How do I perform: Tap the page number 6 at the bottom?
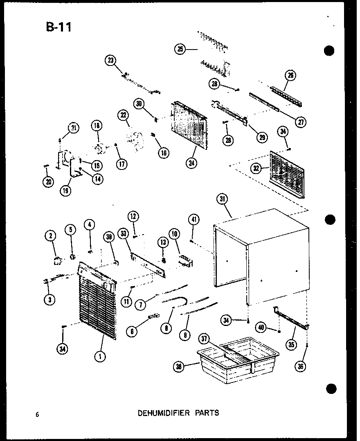pos(37,414)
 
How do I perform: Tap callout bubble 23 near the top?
pos(110,61)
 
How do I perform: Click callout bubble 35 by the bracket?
pos(291,345)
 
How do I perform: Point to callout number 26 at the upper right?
pos(291,75)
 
